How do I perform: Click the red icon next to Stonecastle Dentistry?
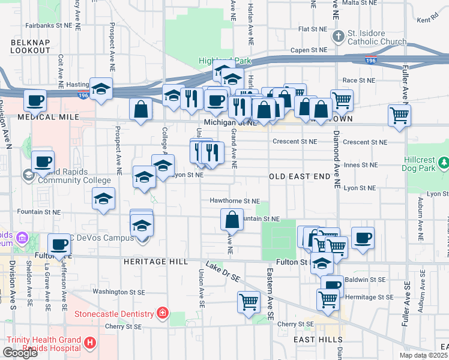[x=162, y=313]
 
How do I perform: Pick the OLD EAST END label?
[x=299, y=176]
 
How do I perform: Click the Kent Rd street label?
[x=427, y=20]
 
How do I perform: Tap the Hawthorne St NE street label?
[x=234, y=201]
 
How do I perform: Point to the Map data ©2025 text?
[x=424, y=355]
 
